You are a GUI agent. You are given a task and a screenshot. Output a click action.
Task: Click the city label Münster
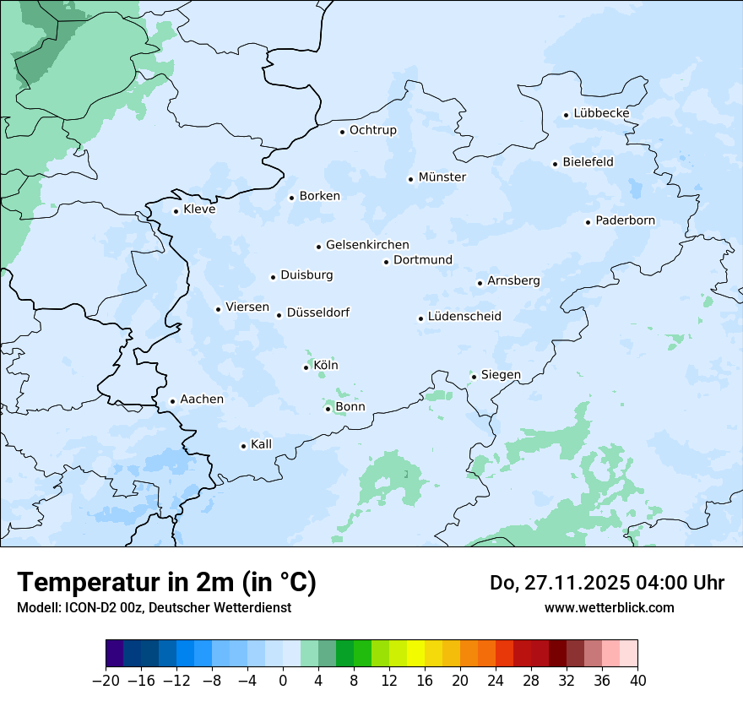[442, 177]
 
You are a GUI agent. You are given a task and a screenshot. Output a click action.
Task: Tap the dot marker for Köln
[306, 367]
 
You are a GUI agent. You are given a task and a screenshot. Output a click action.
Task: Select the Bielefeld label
[588, 161]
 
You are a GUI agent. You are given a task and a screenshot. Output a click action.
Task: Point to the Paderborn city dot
[588, 222]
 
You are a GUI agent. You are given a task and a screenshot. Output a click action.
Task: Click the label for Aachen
[202, 399]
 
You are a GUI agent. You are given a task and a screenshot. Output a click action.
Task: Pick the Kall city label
[262, 444]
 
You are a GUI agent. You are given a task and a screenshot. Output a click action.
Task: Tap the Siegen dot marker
[474, 377]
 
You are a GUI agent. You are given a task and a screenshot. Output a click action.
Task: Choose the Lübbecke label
[601, 113]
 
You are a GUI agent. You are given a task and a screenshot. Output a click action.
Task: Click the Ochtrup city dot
[342, 132]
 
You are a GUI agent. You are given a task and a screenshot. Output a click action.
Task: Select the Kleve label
[199, 209]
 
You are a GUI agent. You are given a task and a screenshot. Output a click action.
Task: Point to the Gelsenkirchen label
[367, 245]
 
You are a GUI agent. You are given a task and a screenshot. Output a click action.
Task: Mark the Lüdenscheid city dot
[420, 318]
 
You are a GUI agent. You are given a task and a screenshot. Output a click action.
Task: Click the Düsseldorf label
[318, 313]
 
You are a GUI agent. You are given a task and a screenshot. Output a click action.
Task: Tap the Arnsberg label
[513, 280]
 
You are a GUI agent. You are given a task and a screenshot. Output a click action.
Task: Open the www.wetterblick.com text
[609, 607]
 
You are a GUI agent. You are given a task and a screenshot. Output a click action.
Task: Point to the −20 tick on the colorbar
[106, 680]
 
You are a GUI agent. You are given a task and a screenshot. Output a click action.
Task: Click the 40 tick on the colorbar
[637, 680]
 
